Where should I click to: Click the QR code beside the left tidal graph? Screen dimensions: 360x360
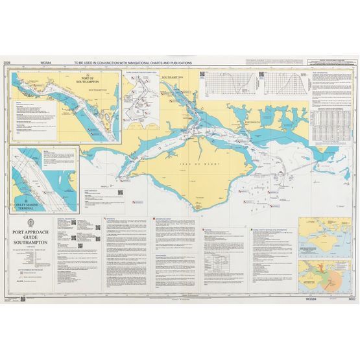[x=262, y=74]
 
